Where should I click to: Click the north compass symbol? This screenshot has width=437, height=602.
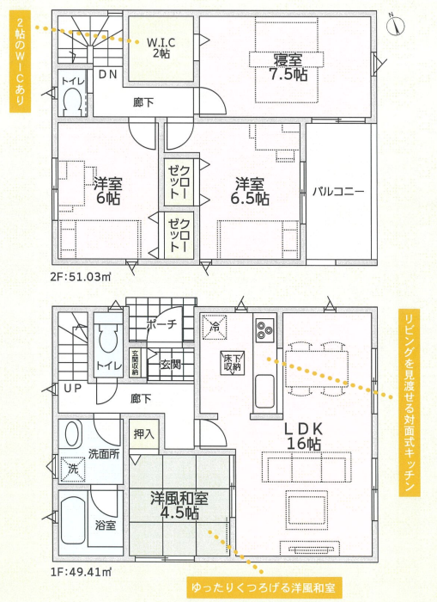pos(396,25)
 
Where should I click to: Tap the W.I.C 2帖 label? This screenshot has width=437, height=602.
pos(161,47)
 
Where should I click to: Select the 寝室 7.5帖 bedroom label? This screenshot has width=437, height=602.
pos(288,67)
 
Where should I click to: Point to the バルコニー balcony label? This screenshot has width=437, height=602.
pos(338,191)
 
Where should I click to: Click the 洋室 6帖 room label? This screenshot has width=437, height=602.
pos(108,191)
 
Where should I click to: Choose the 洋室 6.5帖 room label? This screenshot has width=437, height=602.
pos(250,191)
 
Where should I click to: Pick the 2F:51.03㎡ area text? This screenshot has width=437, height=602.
pos(81,276)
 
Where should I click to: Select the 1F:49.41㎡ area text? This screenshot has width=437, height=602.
pos(81,573)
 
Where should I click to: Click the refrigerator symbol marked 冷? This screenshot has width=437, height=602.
pos(215,327)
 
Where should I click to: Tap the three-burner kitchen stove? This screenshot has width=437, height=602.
pos(265,329)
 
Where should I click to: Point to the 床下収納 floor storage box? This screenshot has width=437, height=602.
pos(233,362)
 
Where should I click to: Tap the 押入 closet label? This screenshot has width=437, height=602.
pos(143,434)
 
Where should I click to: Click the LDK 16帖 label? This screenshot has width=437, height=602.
pos(304,436)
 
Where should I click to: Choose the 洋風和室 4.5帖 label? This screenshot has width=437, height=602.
pos(179,506)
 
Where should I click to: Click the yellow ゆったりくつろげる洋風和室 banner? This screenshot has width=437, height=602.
pos(264,587)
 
